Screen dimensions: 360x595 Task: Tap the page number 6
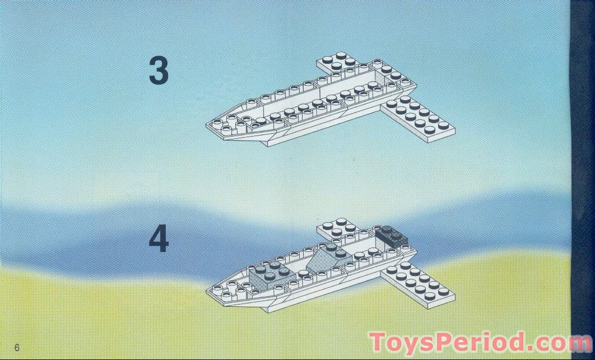pyautogui.click(x=17, y=347)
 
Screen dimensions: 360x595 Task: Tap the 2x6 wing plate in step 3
pyautogui.click(x=417, y=118)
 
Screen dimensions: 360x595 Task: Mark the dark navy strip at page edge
pyautogui.click(x=582, y=168)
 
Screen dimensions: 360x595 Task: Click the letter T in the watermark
pyautogui.click(x=377, y=342)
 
